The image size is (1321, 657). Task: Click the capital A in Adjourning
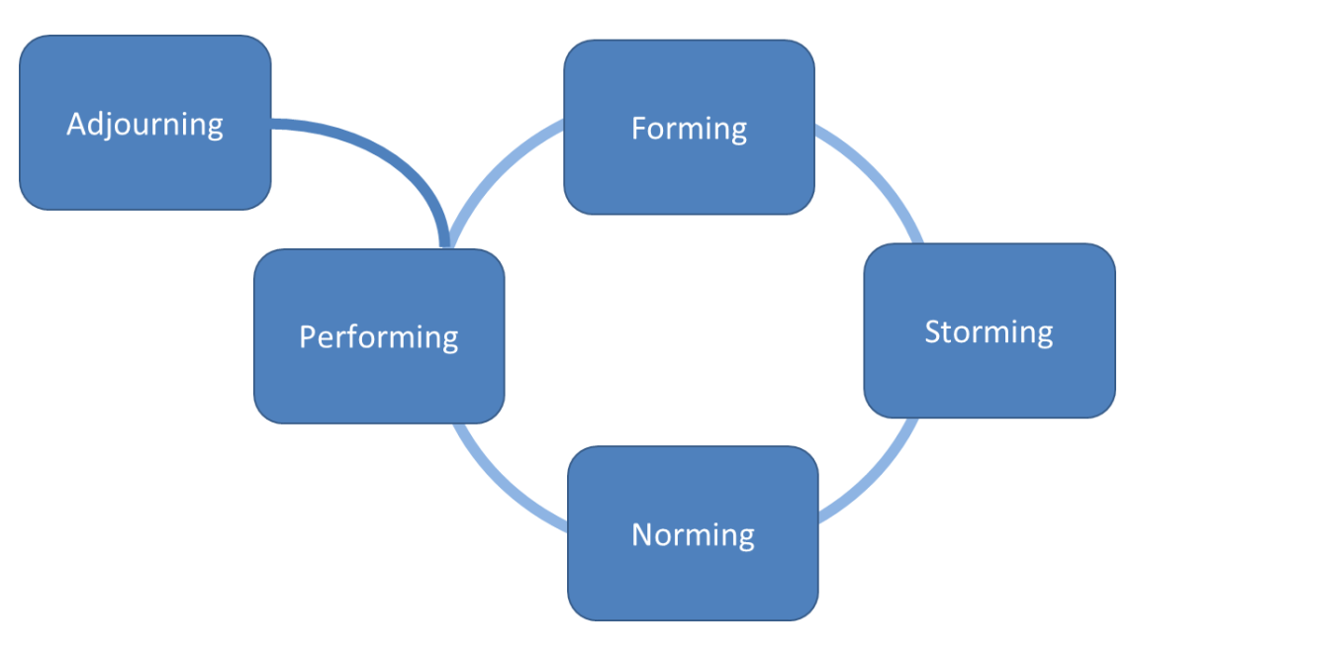(x=76, y=124)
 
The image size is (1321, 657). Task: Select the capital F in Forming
(x=638, y=129)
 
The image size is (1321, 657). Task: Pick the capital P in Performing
(x=307, y=336)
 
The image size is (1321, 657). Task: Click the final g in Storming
(x=1043, y=334)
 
